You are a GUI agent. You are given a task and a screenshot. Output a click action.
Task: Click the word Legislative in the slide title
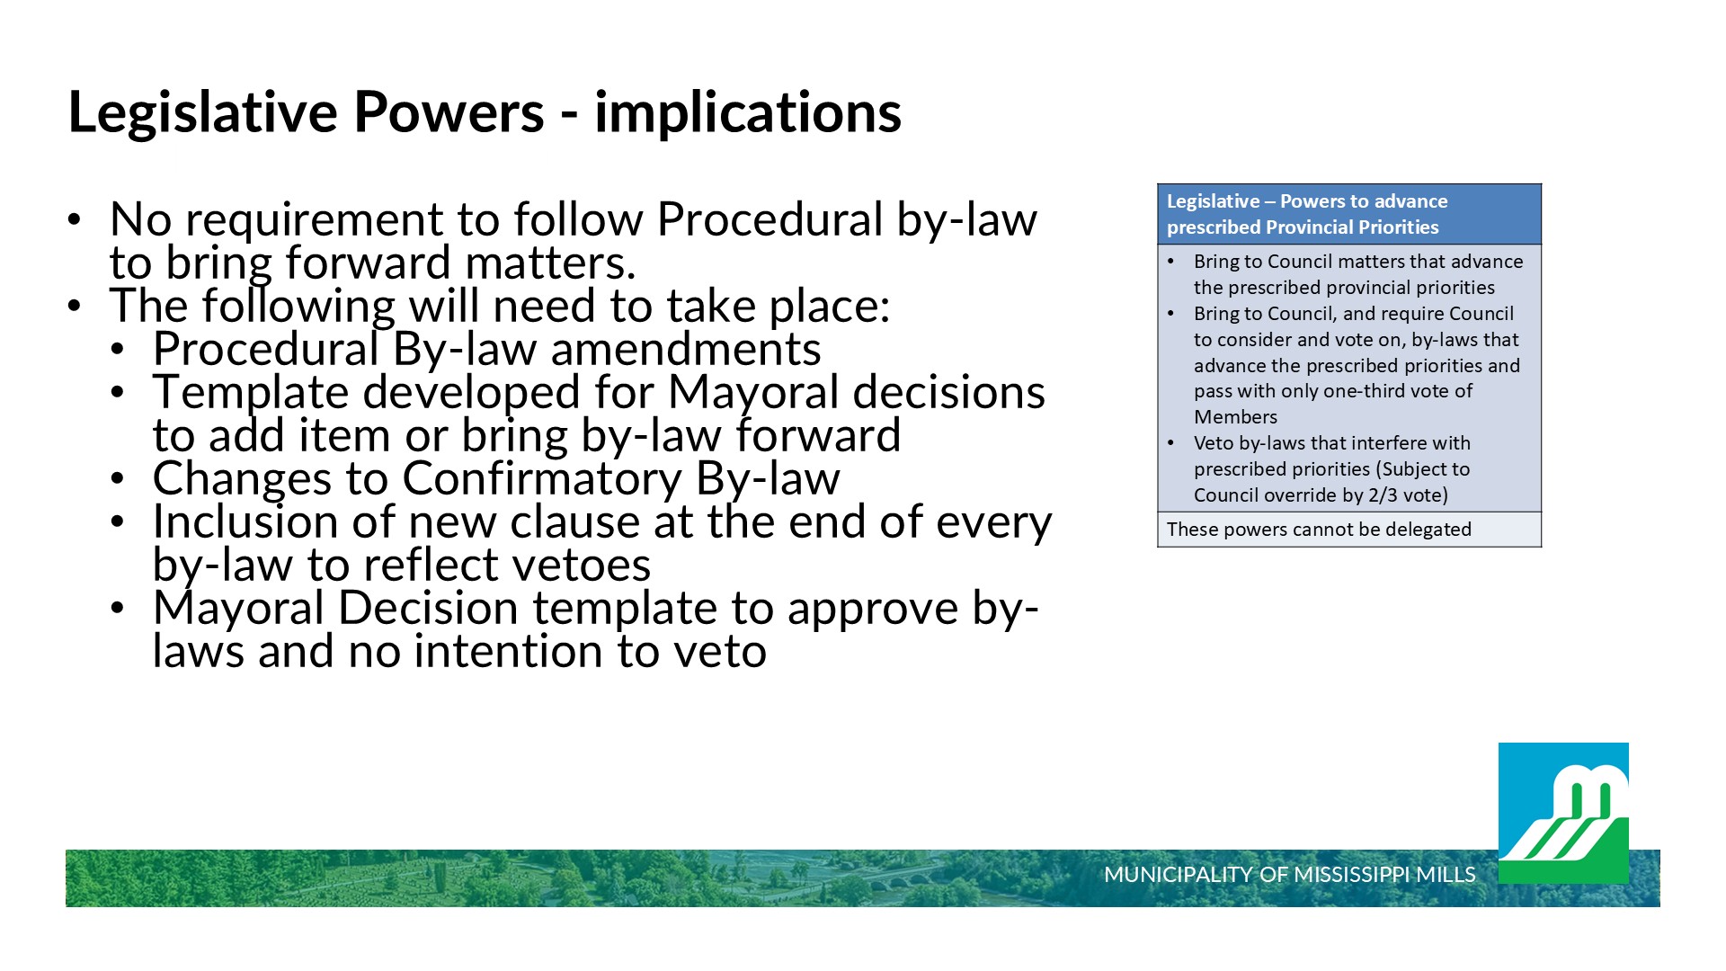[x=203, y=113]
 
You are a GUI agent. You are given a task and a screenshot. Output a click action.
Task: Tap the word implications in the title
[x=748, y=113]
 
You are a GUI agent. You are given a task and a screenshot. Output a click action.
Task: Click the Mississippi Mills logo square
[x=1563, y=813]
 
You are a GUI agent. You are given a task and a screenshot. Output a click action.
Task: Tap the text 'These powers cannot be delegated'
[x=1319, y=530]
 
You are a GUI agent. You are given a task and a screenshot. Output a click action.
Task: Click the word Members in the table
[x=1235, y=417]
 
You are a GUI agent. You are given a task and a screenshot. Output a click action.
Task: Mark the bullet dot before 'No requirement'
[x=75, y=219]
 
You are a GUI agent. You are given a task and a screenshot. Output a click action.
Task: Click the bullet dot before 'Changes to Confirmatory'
[x=118, y=478]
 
